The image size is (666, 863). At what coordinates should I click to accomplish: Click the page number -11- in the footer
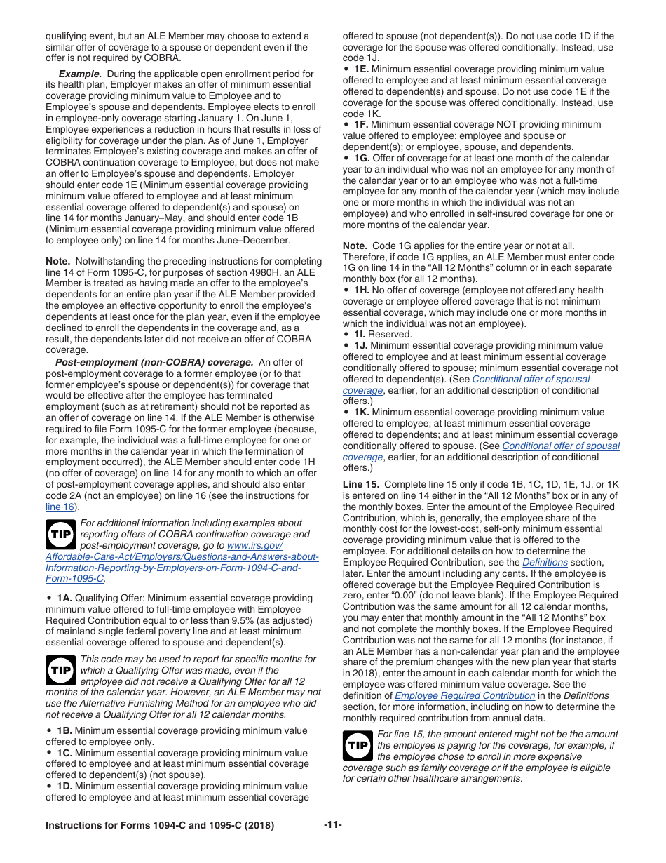click(332, 825)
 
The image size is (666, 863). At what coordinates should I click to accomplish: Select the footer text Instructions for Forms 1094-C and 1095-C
click(160, 826)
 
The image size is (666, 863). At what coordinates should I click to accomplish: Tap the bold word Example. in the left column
click(80, 74)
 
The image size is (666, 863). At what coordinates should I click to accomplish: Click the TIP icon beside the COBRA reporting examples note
click(61, 535)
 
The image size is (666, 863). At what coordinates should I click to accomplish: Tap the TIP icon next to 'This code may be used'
click(61, 671)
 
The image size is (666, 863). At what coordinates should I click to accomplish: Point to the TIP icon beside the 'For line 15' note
click(358, 745)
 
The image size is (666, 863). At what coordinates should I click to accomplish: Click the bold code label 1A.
click(64, 598)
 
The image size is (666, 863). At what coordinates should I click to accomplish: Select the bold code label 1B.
click(64, 730)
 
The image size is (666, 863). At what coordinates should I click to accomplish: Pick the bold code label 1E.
click(361, 69)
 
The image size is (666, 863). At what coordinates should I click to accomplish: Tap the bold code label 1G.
click(362, 159)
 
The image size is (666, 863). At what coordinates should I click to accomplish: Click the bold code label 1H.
click(362, 290)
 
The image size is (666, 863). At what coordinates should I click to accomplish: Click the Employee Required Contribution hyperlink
click(465, 695)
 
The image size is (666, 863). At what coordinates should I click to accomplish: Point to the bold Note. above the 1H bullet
click(355, 246)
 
